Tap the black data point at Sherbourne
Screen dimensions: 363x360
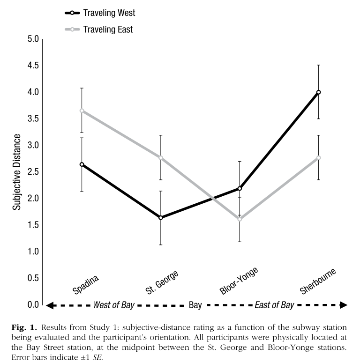coord(319,92)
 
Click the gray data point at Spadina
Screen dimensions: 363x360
coord(82,111)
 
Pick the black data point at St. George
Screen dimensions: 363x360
coord(161,218)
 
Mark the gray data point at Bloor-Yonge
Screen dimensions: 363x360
coord(240,219)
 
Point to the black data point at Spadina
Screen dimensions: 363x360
coord(82,164)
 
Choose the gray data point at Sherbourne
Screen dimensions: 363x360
coord(319,158)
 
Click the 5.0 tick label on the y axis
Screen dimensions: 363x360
coord(31,39)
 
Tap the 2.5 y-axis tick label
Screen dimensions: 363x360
coord(31,172)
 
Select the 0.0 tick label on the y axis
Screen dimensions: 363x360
coord(31,305)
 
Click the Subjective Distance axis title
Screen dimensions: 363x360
coord(16,172)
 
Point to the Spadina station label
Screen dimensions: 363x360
coord(86,283)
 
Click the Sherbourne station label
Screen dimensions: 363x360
coord(318,281)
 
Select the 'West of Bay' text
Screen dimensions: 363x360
coord(113,305)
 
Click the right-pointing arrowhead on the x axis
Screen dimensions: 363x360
coord(343,305)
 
